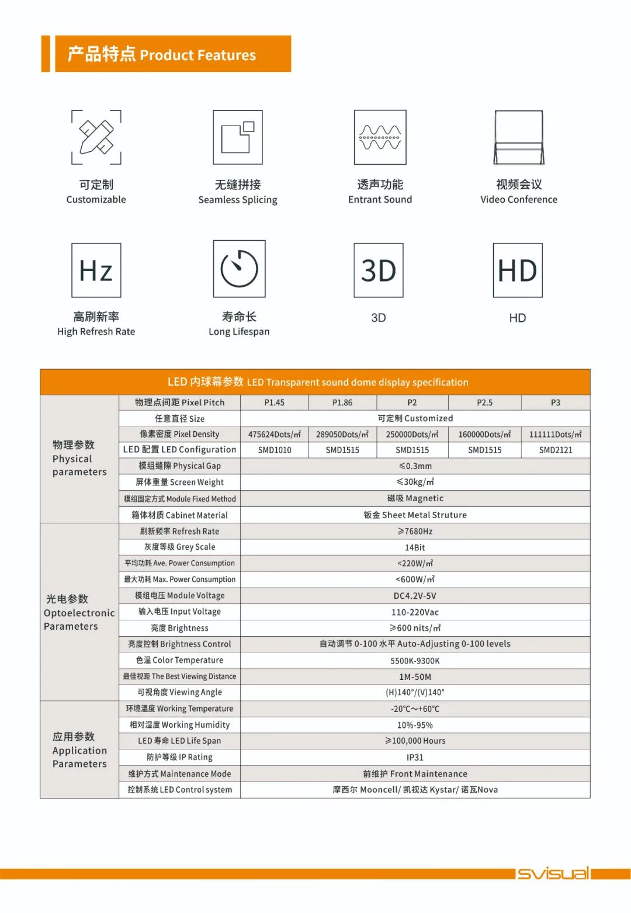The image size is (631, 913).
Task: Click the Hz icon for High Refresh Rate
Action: [x=96, y=270]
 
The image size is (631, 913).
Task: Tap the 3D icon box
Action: [x=379, y=270]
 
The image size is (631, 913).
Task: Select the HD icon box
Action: [x=518, y=270]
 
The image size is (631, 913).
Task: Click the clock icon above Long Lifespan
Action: [x=239, y=269]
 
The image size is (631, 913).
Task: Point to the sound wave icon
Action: [x=380, y=137]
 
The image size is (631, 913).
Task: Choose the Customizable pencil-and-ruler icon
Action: [x=96, y=137]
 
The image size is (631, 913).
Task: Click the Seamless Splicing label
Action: [x=238, y=200]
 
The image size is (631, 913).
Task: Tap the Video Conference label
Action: [x=519, y=200]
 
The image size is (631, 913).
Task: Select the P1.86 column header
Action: [x=342, y=402]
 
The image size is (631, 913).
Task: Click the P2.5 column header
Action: [x=484, y=402]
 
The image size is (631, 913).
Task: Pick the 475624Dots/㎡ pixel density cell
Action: [x=275, y=435]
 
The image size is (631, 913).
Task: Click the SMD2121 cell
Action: [x=556, y=450]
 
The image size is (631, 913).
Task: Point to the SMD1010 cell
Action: [x=275, y=450]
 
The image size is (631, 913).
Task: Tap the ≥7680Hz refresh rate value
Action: [x=415, y=532]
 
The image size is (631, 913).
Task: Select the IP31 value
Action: [x=415, y=758]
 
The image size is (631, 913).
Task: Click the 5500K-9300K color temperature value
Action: [x=415, y=661]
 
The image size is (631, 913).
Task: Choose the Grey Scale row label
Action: [x=179, y=547]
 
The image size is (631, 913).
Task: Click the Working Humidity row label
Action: [x=179, y=725]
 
